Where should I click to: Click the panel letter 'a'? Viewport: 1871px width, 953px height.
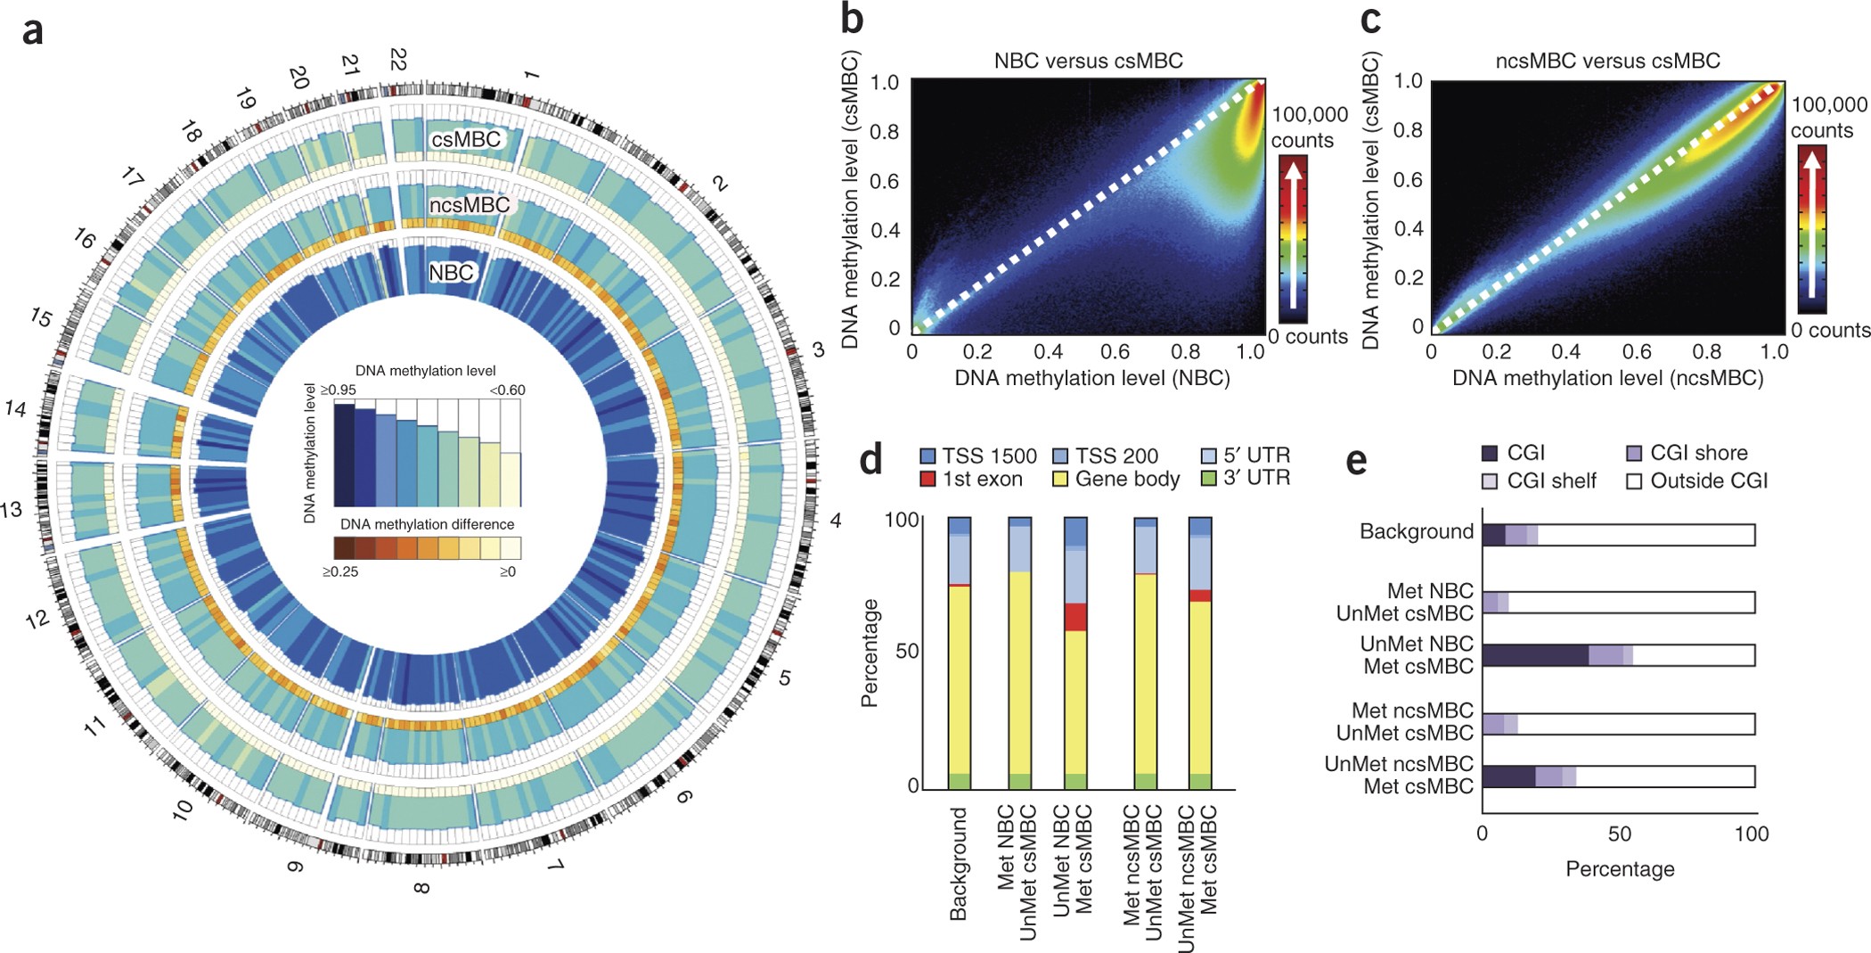tap(32, 31)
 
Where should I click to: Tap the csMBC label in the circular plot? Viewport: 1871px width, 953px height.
tap(465, 140)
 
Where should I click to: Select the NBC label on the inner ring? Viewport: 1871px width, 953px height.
tap(451, 272)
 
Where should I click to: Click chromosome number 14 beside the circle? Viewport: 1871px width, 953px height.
tap(16, 409)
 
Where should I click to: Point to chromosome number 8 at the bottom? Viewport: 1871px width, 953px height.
tap(421, 887)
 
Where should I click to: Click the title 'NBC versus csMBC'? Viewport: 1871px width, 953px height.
tap(1088, 61)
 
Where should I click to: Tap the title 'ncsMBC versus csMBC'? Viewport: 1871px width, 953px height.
tap(1607, 61)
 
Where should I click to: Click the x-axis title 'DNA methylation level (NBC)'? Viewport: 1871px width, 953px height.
tap(1091, 378)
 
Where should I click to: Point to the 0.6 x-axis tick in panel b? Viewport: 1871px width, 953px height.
tap(1115, 352)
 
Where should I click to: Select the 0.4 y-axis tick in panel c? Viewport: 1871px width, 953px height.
tap(1408, 229)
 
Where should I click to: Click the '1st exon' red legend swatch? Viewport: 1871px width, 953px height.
tap(927, 480)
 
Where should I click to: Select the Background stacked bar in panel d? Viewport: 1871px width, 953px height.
tap(959, 653)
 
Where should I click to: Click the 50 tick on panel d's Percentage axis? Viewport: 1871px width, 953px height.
tap(907, 651)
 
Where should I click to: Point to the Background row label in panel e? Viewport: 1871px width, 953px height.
tap(1416, 532)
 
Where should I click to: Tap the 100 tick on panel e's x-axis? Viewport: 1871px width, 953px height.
tap(1751, 834)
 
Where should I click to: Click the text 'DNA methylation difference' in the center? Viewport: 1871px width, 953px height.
tap(427, 524)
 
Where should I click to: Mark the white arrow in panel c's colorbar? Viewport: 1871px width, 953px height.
tap(1811, 227)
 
